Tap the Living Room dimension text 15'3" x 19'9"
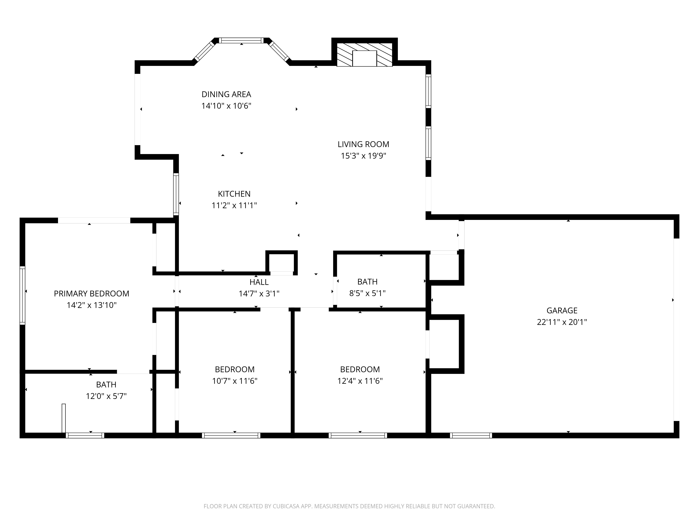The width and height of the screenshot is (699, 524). (363, 156)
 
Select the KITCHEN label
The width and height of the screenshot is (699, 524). (234, 194)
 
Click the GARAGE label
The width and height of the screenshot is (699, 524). (562, 311)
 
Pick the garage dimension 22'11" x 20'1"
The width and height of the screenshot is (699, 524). (562, 322)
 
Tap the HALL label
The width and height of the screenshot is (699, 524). (259, 282)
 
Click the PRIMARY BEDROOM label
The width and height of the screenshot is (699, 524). (92, 294)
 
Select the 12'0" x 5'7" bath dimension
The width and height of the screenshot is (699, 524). (106, 396)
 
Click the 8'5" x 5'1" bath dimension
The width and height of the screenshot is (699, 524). (367, 293)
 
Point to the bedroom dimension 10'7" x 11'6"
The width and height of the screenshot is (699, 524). (235, 381)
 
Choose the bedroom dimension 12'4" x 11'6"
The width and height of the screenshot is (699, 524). (360, 381)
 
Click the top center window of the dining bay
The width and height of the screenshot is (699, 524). (241, 40)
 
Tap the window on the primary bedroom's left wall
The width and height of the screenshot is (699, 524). (22, 295)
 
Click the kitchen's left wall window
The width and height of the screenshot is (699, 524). (176, 194)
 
